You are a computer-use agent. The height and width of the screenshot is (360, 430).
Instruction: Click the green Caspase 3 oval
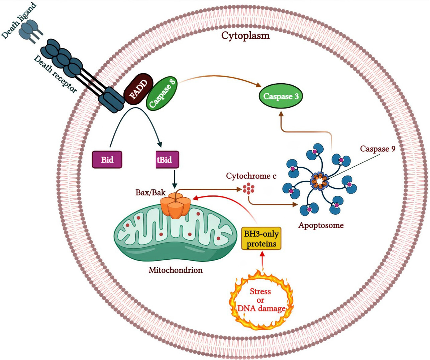click(x=281, y=96)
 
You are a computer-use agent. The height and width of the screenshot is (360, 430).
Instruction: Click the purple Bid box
click(x=107, y=160)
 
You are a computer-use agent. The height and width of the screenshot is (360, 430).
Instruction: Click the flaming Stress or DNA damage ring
click(x=261, y=300)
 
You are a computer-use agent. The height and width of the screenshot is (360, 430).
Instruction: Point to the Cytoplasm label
click(x=245, y=36)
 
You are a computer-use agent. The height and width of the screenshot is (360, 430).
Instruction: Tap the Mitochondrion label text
click(x=176, y=270)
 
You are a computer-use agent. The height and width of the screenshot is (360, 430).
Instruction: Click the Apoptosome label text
click(x=321, y=225)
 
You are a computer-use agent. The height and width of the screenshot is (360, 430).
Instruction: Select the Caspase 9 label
click(x=378, y=149)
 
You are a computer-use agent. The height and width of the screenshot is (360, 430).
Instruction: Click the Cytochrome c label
click(x=251, y=176)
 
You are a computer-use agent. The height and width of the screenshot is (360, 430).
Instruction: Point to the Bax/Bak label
click(x=150, y=192)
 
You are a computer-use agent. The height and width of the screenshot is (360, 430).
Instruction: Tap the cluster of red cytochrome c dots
click(x=248, y=189)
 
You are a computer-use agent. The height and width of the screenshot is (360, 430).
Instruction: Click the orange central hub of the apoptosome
click(x=320, y=181)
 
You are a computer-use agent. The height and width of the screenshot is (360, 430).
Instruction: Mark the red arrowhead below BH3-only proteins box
click(x=262, y=254)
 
